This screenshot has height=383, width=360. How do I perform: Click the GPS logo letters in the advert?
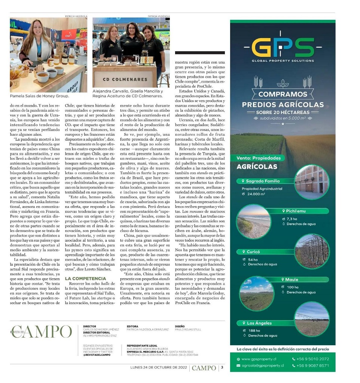283,47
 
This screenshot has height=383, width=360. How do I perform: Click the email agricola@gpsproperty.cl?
262,365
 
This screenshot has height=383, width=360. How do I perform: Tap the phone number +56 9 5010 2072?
312,359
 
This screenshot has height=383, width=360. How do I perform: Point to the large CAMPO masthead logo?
41,331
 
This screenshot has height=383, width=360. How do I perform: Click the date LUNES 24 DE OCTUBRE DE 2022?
159,367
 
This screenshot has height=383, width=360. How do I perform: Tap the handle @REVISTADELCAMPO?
97,355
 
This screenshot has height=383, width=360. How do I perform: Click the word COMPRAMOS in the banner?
283,94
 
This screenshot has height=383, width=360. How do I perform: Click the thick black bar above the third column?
200,53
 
